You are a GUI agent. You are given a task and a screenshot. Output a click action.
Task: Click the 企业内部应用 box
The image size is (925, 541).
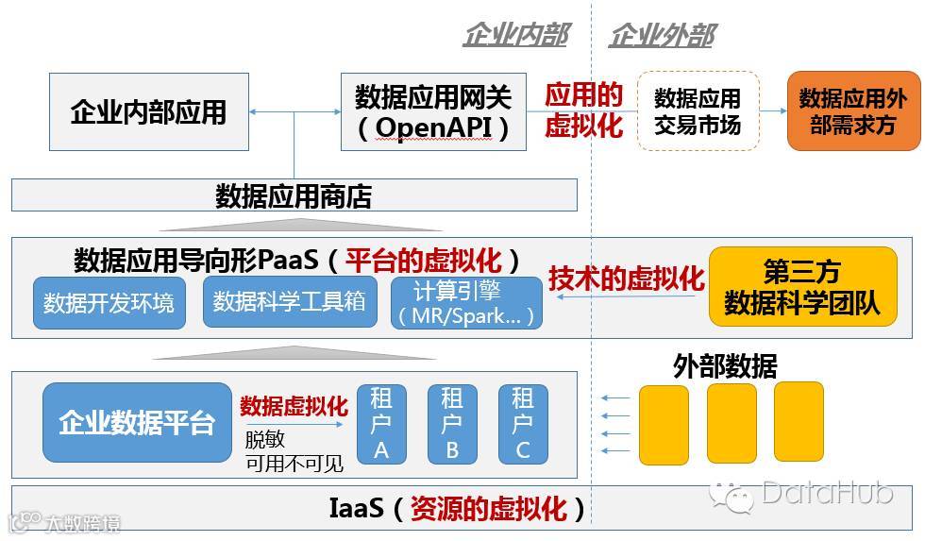(x=148, y=111)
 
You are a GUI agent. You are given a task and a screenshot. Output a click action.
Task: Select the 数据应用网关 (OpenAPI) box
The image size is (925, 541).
(x=433, y=111)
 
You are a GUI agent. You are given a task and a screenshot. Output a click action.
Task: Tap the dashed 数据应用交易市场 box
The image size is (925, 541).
(x=698, y=110)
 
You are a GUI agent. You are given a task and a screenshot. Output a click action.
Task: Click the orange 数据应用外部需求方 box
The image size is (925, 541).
(x=852, y=110)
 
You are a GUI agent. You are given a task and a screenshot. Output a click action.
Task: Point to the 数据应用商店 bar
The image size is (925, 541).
(x=294, y=196)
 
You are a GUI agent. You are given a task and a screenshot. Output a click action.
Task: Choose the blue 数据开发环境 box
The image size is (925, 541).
(x=109, y=303)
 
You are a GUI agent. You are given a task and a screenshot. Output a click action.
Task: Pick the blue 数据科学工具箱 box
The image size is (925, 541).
(x=289, y=301)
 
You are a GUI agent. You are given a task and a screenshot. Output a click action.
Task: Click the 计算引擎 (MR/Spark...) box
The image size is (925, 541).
(x=466, y=303)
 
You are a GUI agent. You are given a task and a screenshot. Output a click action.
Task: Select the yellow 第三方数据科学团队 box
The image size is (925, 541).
(x=801, y=287)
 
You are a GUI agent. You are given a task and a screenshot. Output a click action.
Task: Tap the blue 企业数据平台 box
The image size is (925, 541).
(x=137, y=422)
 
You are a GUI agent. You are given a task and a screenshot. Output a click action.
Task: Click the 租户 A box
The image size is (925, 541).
(x=380, y=423)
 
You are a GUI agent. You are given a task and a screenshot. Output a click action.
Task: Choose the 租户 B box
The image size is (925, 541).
(x=451, y=423)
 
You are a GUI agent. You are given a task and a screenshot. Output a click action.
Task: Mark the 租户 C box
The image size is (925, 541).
(x=523, y=423)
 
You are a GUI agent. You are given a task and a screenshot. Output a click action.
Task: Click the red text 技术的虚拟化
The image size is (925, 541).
(x=627, y=279)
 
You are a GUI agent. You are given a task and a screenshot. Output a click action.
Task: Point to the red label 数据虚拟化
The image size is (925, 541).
(x=294, y=406)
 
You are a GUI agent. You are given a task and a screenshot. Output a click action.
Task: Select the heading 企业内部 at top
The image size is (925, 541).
(x=514, y=36)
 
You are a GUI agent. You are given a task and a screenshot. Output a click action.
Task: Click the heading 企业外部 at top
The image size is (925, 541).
(x=661, y=36)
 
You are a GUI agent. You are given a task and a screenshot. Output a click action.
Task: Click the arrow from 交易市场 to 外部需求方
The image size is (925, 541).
(x=773, y=110)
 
